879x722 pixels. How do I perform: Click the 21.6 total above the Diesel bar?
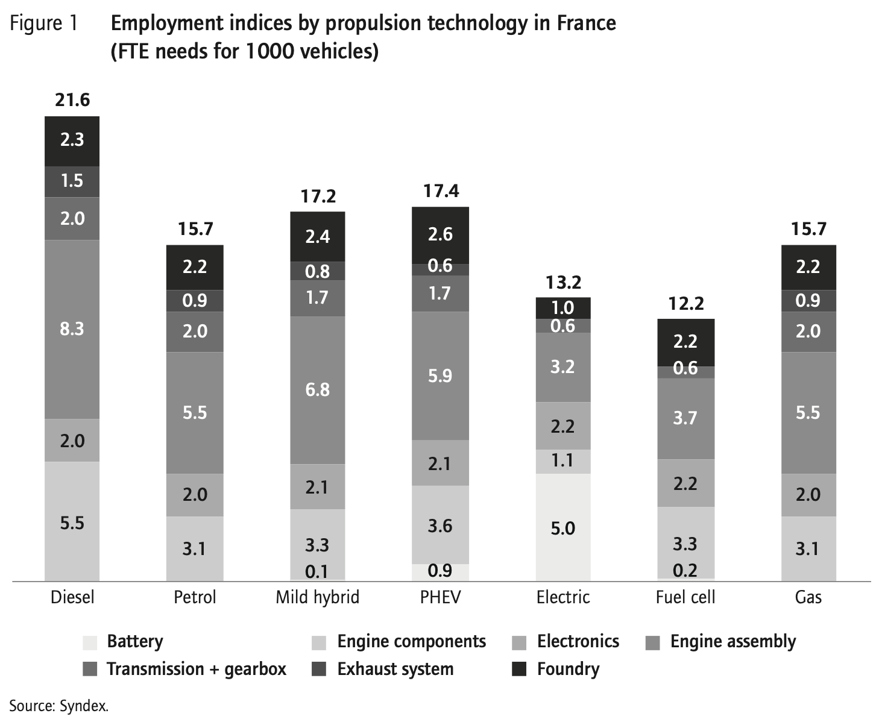tap(72, 99)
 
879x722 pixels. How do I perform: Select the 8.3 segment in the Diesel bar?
tap(72, 329)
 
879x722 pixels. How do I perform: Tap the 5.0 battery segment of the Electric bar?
tap(562, 528)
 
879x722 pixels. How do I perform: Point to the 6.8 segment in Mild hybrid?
tap(317, 389)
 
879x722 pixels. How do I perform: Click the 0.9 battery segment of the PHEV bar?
tap(440, 571)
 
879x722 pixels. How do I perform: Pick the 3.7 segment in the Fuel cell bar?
tap(685, 418)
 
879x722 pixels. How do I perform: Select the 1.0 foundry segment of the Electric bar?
tap(562, 307)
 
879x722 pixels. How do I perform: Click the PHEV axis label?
tap(440, 597)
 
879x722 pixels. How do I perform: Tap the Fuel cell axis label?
tap(685, 597)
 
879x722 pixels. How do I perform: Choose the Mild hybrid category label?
tap(317, 597)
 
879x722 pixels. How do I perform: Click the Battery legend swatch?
tap(90, 642)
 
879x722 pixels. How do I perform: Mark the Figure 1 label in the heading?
tap(44, 24)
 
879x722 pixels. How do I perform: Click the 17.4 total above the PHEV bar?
tap(440, 191)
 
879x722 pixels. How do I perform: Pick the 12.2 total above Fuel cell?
tap(685, 303)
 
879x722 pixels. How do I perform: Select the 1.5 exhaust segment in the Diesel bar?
tap(72, 181)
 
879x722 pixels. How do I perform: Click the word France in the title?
tap(586, 24)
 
